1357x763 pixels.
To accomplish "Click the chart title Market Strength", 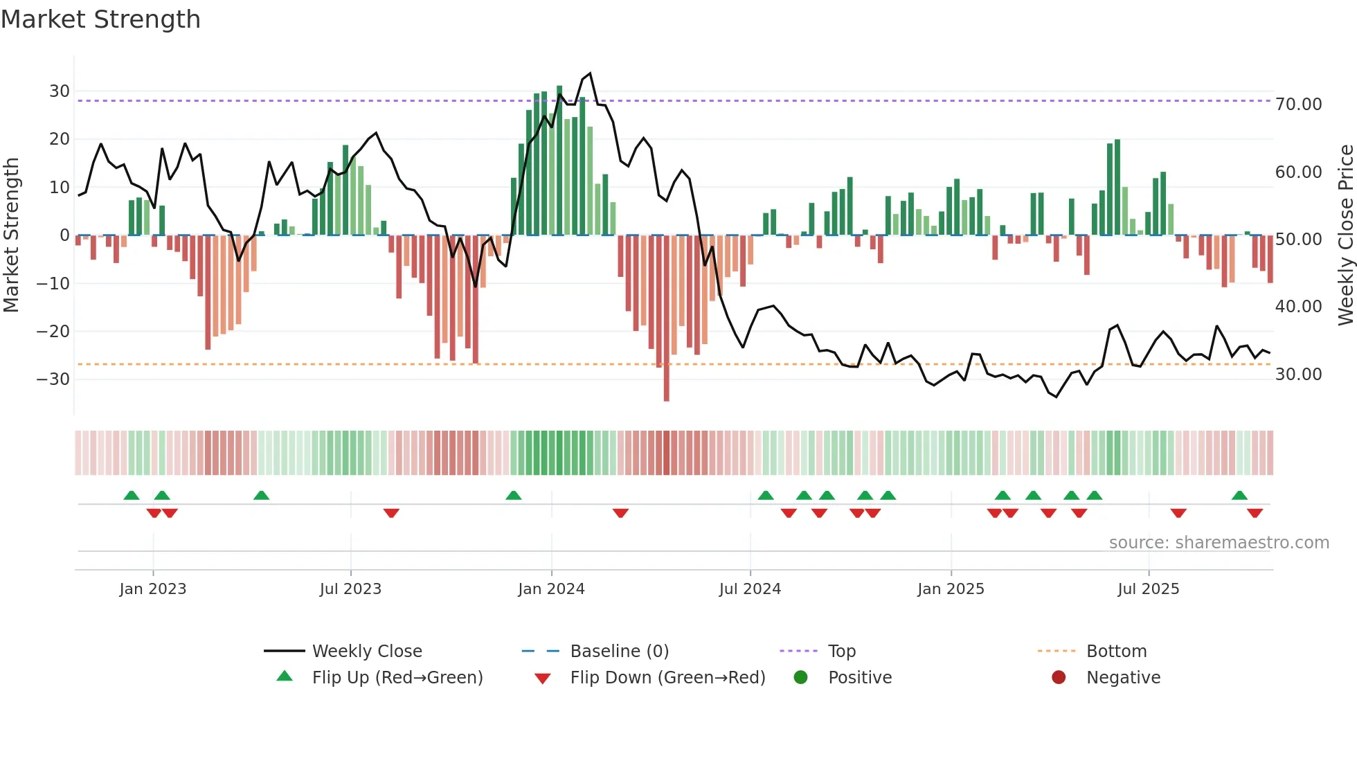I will click(100, 19).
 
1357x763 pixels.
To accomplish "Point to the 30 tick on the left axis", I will click(60, 91).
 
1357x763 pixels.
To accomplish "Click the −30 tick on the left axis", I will click(54, 379).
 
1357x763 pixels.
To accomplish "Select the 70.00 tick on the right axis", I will click(1298, 105).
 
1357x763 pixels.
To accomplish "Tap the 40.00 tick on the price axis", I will click(1298, 307).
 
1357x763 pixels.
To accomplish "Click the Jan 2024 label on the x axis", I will click(551, 589).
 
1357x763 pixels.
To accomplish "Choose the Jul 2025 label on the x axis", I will click(1148, 589).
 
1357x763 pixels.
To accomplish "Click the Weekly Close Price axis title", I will click(1345, 235).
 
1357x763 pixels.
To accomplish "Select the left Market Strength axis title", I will click(11, 235).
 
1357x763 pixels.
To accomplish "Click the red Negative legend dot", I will click(1059, 678).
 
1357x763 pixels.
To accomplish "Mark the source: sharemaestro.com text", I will click(1219, 543).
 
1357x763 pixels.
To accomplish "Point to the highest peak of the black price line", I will click(590, 73).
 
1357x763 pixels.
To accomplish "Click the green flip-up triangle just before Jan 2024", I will click(513, 496).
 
